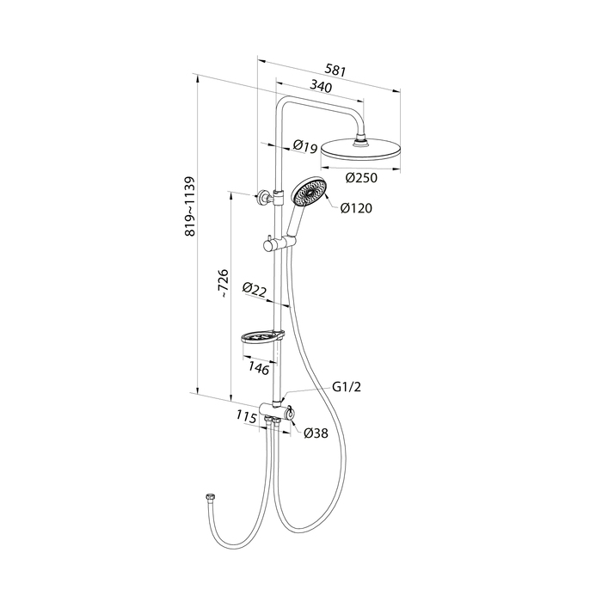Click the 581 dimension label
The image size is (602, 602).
coord(335,71)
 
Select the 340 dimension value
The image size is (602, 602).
coord(321,87)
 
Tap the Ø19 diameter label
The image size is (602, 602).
coord(304,146)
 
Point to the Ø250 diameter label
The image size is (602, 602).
coord(361,178)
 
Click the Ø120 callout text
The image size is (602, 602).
coord(356,208)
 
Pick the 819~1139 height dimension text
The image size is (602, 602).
coord(190,206)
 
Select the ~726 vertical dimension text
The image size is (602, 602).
coord(224,284)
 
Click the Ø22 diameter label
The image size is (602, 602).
coord(255,290)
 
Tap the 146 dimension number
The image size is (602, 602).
coord(258,369)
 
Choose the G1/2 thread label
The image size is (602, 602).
coord(347,387)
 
